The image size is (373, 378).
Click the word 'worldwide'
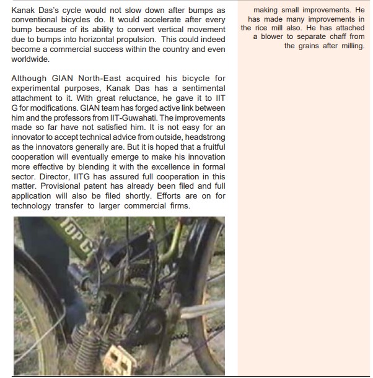pyautogui.click(x=31, y=59)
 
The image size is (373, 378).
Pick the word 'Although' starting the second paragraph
pyautogui.click(x=29, y=79)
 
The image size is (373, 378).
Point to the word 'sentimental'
pyautogui.click(x=203, y=88)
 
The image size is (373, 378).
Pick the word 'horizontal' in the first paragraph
pyautogui.click(x=95, y=39)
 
